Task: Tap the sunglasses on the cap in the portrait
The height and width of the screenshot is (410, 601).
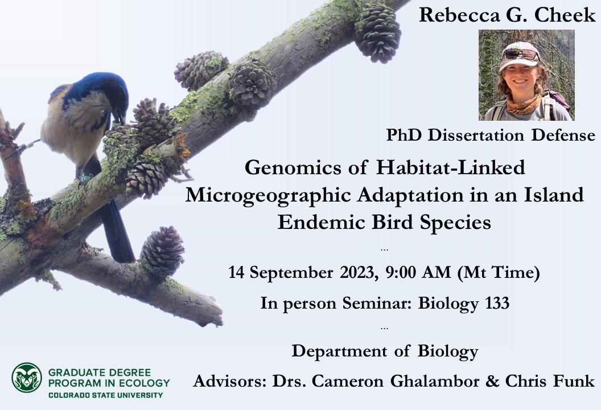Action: pos(520,55)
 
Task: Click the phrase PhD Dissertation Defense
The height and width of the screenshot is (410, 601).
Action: pos(491,136)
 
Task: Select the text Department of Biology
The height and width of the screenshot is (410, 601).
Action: pos(385,351)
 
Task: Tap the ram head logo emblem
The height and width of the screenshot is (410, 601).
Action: pos(27,378)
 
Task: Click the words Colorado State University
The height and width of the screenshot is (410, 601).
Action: pos(105,395)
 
